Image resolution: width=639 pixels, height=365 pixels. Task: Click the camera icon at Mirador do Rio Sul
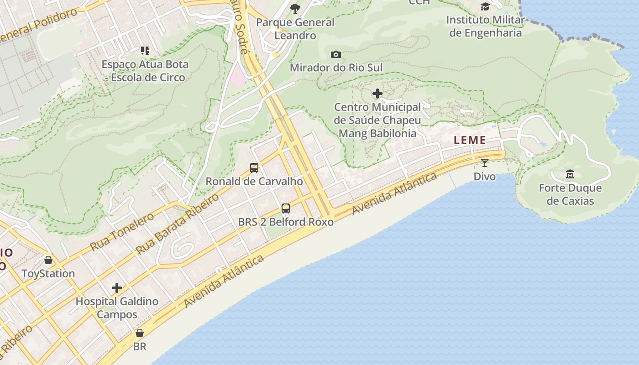[x=335, y=55]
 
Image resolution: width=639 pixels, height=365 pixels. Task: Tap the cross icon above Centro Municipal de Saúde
[x=377, y=94]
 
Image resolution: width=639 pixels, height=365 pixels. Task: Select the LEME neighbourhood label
[x=470, y=141]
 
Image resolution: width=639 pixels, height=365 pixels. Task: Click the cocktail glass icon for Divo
[x=485, y=162]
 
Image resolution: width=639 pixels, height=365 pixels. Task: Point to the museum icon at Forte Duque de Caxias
[x=570, y=174]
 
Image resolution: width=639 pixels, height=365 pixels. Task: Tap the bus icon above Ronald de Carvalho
[x=254, y=168]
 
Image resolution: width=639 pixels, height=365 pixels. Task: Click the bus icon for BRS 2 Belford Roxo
[x=286, y=209]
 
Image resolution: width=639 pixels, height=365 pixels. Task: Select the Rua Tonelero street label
[x=122, y=231]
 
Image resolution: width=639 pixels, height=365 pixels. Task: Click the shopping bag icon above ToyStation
[x=48, y=260]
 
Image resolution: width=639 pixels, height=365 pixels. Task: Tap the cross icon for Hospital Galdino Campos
[x=117, y=288]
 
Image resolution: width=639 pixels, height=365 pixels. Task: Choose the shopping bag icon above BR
[x=140, y=333]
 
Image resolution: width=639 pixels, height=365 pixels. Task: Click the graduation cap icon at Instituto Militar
[x=485, y=6]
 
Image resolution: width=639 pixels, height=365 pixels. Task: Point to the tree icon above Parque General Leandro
[x=295, y=8]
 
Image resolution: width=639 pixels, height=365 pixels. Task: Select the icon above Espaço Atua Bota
[x=145, y=50]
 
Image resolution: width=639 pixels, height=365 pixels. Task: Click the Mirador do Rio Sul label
[x=336, y=68]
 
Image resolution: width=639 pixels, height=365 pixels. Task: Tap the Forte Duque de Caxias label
[x=570, y=194]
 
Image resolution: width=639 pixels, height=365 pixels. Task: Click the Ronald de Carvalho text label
[x=254, y=182]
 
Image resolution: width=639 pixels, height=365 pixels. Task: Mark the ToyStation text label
[x=48, y=274]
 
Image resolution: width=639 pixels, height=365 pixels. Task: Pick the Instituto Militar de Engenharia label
[x=485, y=26]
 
